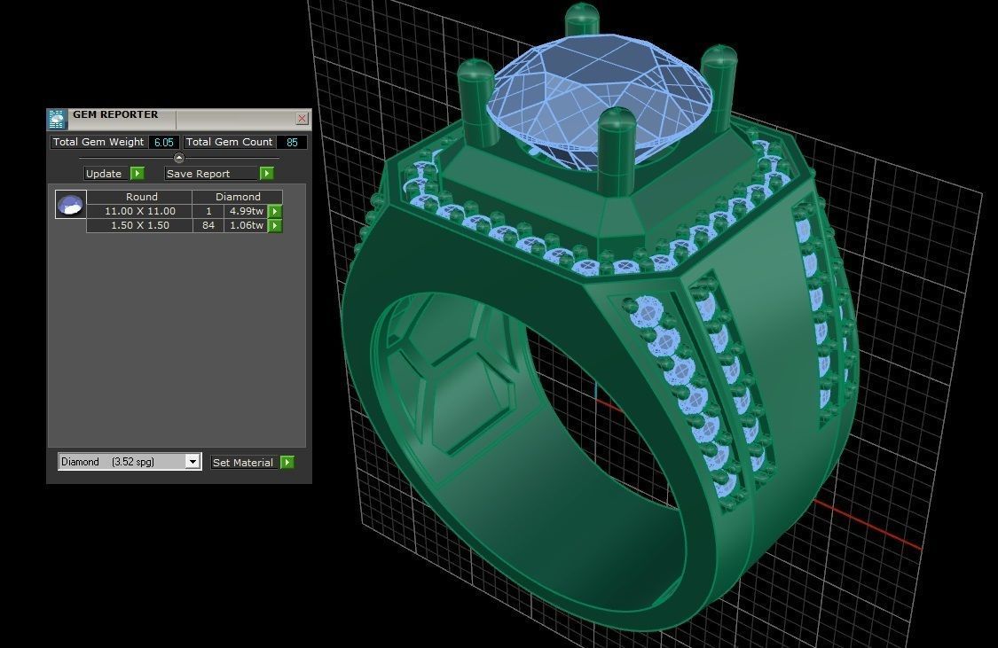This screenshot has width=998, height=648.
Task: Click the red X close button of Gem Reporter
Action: [303, 119]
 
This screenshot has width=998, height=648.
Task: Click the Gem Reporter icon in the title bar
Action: [58, 119]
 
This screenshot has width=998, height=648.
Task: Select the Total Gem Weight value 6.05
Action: [163, 142]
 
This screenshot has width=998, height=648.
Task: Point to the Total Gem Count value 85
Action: [292, 142]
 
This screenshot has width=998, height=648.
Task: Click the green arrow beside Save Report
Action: [266, 174]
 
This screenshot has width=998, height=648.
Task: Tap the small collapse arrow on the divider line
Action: [178, 158]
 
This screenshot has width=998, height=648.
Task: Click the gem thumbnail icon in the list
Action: [71, 205]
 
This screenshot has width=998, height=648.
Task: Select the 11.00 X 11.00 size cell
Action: [139, 211]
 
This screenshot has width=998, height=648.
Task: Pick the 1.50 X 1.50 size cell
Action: [139, 226]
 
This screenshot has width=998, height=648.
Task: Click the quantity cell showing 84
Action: [208, 226]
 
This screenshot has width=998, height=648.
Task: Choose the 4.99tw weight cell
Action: [246, 211]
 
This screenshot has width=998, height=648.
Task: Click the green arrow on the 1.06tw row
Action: [276, 226]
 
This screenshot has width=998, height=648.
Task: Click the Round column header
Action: [141, 197]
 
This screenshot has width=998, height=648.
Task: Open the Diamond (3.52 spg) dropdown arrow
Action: [193, 462]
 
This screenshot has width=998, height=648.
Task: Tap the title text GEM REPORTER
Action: [115, 115]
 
